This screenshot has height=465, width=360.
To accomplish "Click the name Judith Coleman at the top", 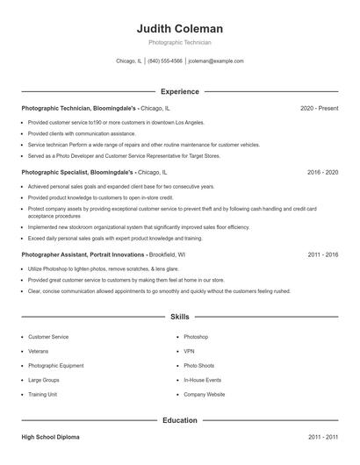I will coord(179,28).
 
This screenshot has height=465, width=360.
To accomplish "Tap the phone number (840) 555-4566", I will coord(165,61).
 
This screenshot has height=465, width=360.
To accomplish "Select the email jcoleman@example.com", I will coord(216,61).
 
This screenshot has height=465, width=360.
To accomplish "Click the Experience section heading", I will coord(179,91).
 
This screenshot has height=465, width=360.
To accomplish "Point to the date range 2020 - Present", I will coord(319,108).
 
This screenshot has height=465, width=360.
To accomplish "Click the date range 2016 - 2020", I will coord(322,172).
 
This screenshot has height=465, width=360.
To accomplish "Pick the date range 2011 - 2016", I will coord(322,254).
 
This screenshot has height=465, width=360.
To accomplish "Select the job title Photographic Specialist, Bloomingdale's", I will coord(78,172).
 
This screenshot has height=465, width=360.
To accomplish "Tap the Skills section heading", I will coord(179,316).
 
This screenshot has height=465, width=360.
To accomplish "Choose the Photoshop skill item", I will coord(196,337).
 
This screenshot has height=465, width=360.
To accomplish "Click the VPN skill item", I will coord(189,351).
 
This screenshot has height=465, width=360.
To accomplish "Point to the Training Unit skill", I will coord(43,395).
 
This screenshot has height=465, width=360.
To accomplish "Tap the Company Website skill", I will coord(205,395).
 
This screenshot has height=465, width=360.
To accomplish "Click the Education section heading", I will coord(179,420).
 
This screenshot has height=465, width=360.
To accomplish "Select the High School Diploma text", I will coord(52,436).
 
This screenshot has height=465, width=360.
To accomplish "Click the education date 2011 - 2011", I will coord(322,436).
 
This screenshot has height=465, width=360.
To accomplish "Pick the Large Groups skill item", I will coord(44,380).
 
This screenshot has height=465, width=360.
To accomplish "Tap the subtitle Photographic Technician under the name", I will coord(179,42).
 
